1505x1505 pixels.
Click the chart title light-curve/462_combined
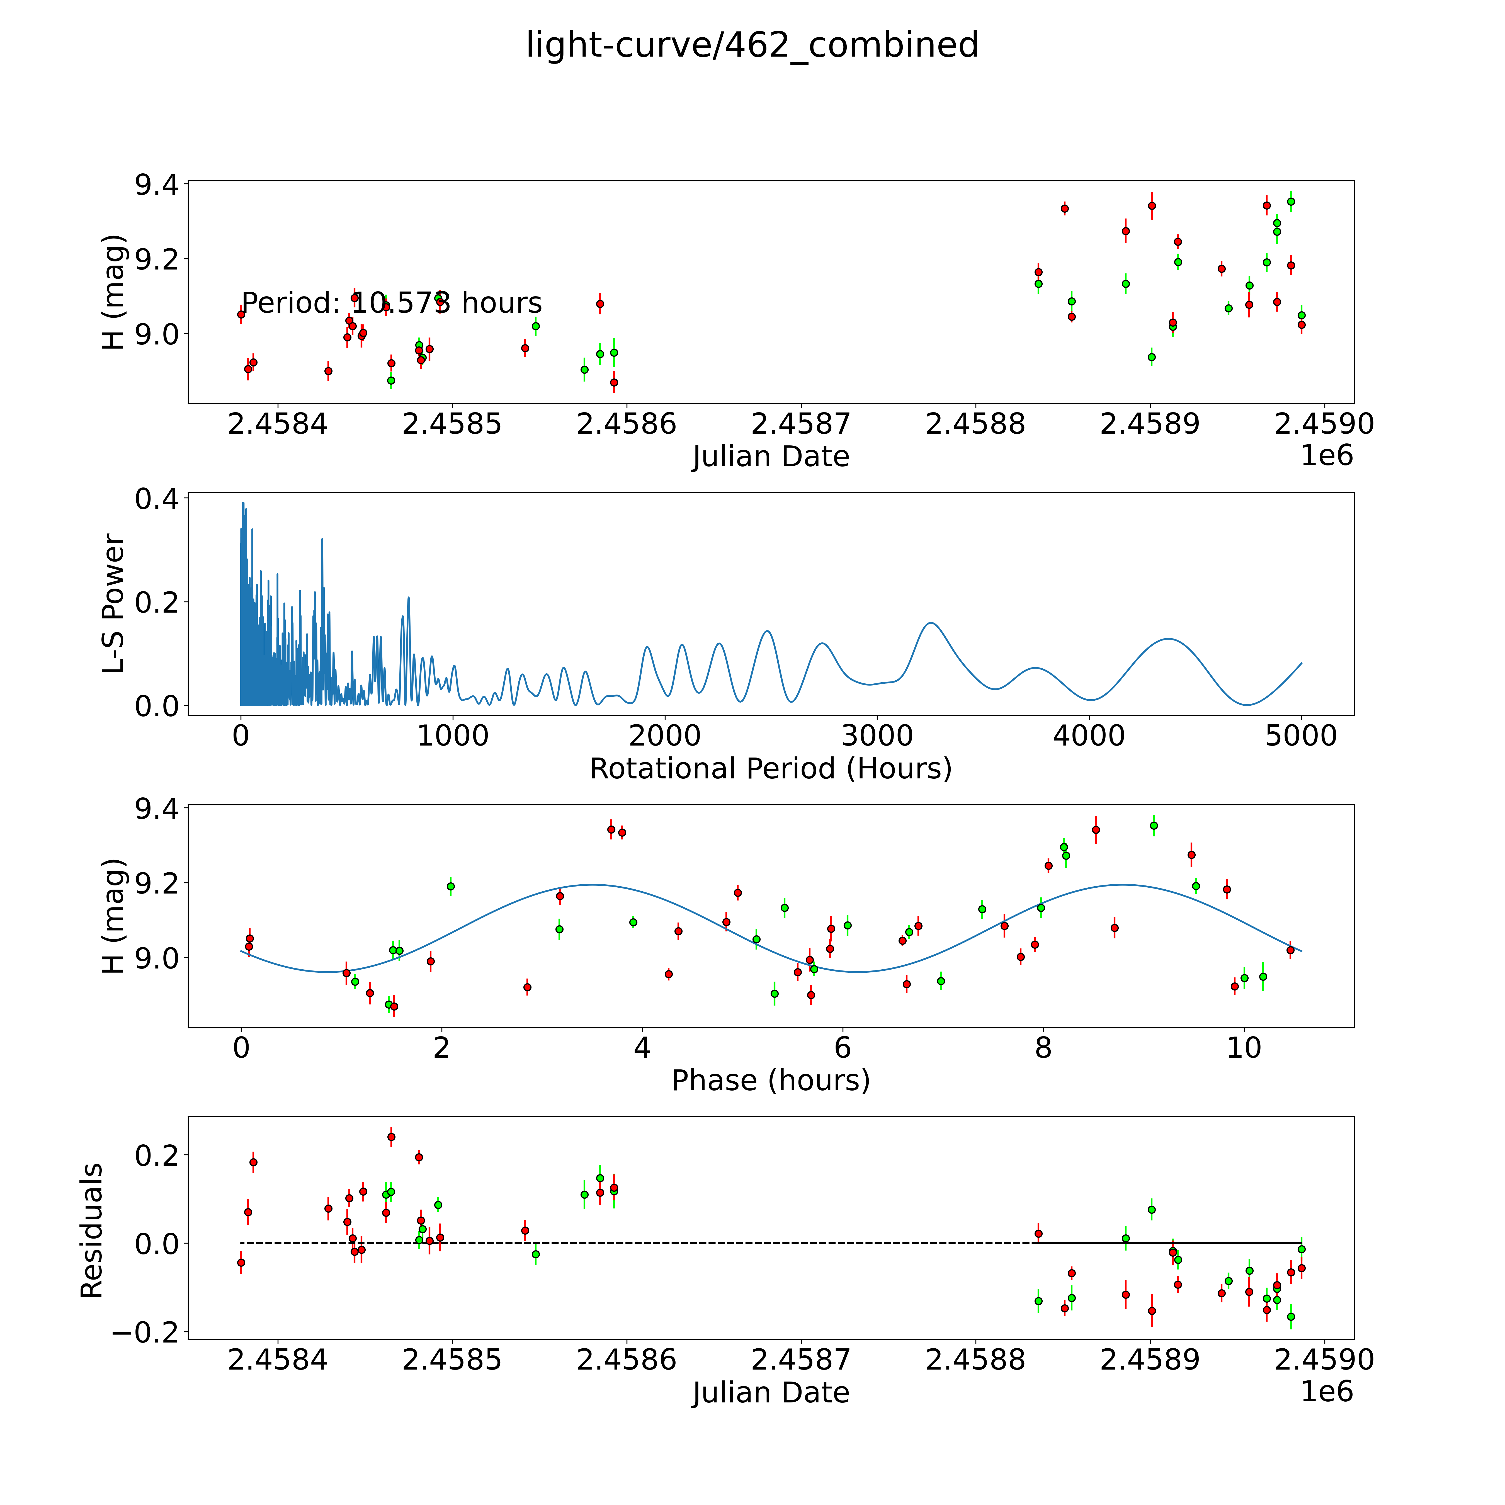[752, 45]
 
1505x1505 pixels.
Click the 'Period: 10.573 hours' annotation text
[391, 303]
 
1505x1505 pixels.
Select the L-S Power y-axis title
[114, 604]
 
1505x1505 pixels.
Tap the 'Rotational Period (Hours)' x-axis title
[770, 769]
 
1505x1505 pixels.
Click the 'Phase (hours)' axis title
[770, 1081]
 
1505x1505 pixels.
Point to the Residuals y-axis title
[92, 1231]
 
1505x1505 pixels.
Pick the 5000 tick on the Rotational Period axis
[1301, 735]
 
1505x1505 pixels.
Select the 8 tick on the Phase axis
[1043, 1048]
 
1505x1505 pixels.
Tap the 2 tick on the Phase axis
[442, 1048]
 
